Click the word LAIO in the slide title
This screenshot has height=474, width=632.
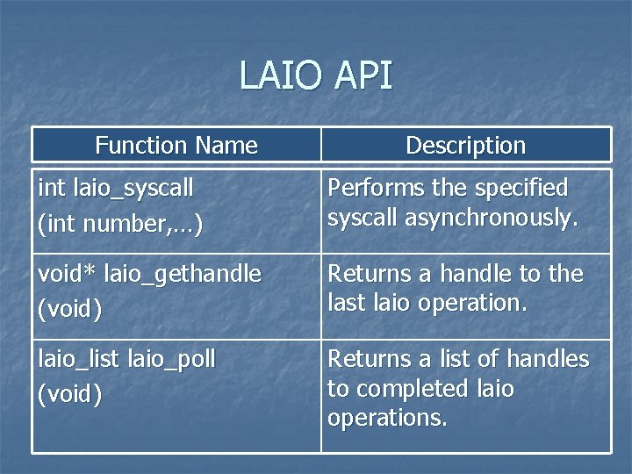(x=278, y=75)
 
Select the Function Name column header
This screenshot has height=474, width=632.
(x=176, y=146)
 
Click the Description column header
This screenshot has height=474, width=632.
(x=465, y=146)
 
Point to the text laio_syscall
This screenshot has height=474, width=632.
(x=133, y=189)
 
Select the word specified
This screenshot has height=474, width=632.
(x=521, y=189)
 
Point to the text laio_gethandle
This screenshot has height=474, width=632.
(x=183, y=274)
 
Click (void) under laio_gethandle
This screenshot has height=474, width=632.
(x=70, y=309)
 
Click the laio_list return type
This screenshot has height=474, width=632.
(x=79, y=359)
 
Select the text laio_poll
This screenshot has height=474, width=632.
(x=172, y=359)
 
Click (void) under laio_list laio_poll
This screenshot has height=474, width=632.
(x=70, y=394)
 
